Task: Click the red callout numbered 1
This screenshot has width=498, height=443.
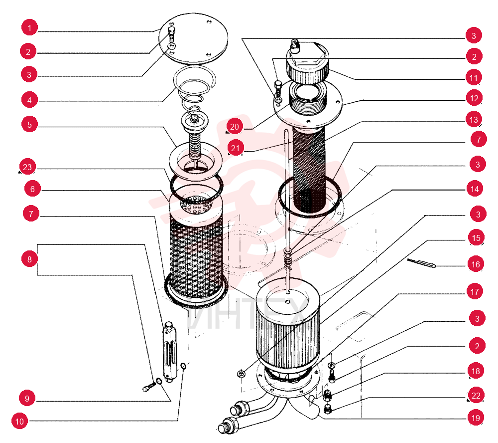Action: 29,28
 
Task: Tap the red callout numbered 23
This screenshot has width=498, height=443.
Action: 27,167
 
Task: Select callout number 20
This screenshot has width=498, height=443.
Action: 235,127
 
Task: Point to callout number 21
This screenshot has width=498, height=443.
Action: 236,148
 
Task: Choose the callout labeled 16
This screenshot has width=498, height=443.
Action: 476,264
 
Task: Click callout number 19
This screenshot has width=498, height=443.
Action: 476,418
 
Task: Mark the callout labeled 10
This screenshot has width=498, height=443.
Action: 20,422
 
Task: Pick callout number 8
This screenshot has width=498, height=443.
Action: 29,259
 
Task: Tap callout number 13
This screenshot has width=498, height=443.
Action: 474,120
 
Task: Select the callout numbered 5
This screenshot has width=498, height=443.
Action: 29,124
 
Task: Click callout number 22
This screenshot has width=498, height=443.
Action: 476,395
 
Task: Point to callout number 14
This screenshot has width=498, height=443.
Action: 475,189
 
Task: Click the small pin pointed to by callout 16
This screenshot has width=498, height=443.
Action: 421,263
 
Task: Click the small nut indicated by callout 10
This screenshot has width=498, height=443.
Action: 183,366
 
